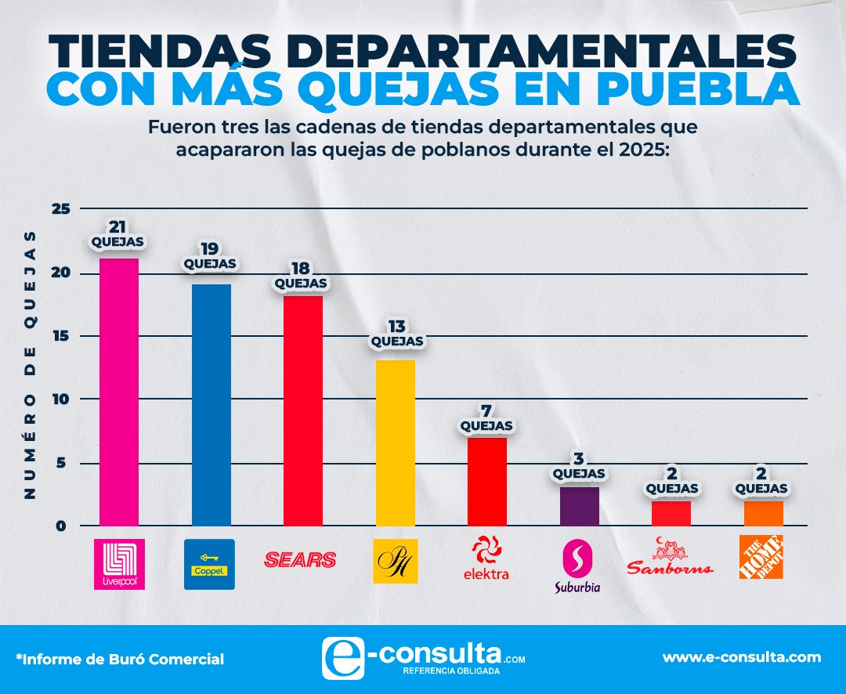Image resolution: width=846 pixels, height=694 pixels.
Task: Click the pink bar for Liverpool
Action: [x=119, y=392]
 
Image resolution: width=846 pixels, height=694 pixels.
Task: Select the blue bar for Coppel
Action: [x=211, y=404]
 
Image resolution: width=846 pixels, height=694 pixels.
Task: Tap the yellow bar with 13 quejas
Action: [x=396, y=443]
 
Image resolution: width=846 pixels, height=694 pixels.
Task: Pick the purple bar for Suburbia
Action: [x=580, y=506]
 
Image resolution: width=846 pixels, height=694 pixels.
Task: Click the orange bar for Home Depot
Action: [x=764, y=513]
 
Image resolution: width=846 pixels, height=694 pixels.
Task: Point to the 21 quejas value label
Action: [x=117, y=234]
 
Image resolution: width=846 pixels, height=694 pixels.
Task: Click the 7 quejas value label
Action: [x=486, y=418]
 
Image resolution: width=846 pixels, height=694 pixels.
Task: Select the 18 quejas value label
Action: [x=302, y=275]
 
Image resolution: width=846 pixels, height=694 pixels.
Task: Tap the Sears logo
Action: [x=301, y=559]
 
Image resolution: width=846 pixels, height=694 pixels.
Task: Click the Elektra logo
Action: [x=486, y=558]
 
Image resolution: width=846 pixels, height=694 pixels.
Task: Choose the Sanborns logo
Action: [x=671, y=558]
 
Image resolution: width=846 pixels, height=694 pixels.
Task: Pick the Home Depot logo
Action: [x=761, y=557]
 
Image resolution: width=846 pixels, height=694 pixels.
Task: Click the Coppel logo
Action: [x=209, y=564]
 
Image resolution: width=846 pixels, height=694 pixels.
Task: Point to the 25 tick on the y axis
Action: [x=62, y=209]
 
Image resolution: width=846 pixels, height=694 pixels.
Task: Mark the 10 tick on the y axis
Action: [x=62, y=399]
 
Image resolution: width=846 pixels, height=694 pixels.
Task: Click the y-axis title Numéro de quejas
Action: [x=30, y=364]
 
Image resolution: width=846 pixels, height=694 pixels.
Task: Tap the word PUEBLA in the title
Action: [x=704, y=89]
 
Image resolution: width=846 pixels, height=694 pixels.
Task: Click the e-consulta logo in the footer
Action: [x=423, y=656]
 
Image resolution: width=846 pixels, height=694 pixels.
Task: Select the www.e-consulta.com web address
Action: [x=742, y=657]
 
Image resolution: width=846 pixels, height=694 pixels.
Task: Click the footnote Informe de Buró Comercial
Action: [x=119, y=660]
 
